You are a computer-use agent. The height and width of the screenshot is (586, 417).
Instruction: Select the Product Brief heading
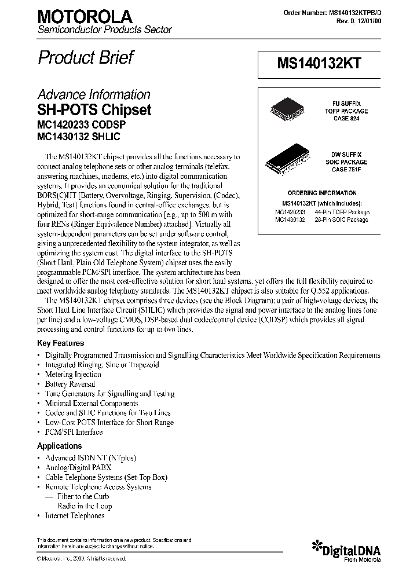coord(86,57)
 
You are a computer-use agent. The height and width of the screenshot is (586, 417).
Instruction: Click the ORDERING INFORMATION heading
coord(322,193)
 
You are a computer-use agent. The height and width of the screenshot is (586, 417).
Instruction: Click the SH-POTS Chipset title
coord(94,110)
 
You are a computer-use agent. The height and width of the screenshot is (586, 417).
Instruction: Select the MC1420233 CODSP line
coord(81,124)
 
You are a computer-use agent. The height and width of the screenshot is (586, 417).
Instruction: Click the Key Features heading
coord(60,343)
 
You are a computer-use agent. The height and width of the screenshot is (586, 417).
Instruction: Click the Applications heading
coord(59,446)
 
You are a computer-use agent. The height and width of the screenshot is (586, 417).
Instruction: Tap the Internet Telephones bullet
coord(75,515)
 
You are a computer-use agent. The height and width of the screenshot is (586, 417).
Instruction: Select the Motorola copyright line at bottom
coord(82,559)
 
